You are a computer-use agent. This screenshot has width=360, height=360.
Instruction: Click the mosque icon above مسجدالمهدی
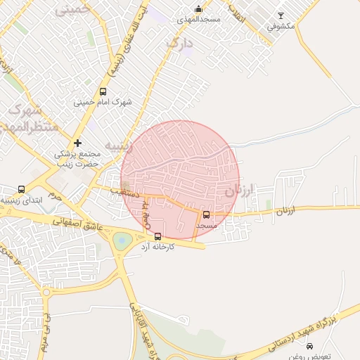pos(198,9)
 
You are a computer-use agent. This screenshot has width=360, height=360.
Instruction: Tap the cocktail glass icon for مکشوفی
pos(281,15)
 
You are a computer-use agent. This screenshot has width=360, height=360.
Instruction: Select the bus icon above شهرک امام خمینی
pos(103,91)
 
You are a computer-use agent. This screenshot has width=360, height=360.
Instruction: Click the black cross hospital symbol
pos(77,143)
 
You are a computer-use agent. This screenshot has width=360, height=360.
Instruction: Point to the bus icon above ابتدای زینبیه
pos(21,189)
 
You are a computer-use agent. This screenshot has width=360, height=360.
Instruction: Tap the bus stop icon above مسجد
pos(206,214)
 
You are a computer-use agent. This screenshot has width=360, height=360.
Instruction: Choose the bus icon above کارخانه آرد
pos(157,236)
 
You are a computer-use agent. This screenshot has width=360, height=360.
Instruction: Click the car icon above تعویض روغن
pos(310,346)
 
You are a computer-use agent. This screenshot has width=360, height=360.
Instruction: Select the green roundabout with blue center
pos(122,240)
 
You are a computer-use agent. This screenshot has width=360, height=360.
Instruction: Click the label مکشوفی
pos(281,27)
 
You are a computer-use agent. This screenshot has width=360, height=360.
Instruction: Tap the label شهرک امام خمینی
pos(103,103)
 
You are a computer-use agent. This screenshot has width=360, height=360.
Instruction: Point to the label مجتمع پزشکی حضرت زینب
pos(77,158)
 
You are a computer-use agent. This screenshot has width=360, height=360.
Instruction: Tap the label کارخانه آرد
pos(157,247)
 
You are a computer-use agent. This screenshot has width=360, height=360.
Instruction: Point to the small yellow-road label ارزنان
pos(284,210)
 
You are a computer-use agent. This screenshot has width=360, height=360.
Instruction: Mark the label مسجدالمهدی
pos(199,19)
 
